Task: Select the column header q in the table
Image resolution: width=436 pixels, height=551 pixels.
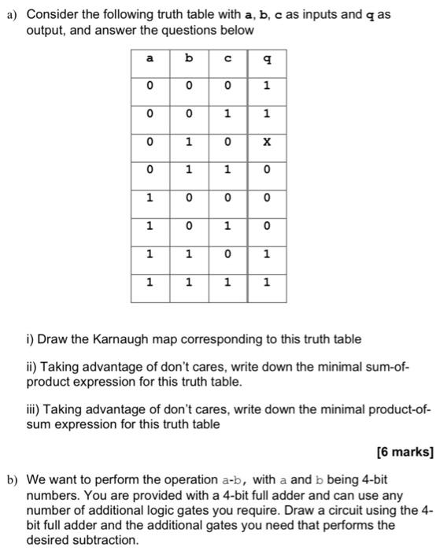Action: [267, 57]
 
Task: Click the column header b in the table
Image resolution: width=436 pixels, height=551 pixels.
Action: [189, 57]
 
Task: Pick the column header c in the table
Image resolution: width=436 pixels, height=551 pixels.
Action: [228, 57]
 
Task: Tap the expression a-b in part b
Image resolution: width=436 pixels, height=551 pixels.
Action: [241, 479]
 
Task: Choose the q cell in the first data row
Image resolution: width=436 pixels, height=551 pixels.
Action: [267, 87]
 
